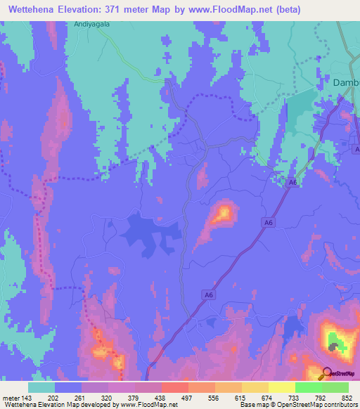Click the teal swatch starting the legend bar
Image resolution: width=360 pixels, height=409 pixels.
(41, 387)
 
